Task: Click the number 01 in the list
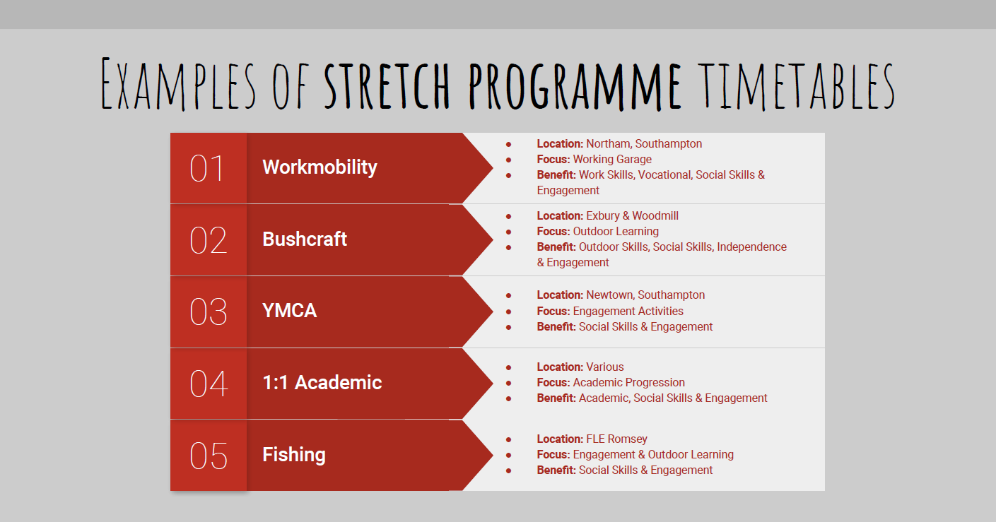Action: (x=206, y=168)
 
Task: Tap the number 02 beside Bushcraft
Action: (x=208, y=240)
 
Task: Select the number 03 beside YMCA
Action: (x=208, y=312)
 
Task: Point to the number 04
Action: (x=209, y=384)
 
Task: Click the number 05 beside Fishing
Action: (x=208, y=456)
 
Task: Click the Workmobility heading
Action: (x=320, y=167)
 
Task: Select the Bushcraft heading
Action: (x=305, y=239)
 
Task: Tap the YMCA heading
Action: (x=289, y=311)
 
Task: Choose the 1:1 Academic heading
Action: (x=322, y=383)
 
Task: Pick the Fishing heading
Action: (x=294, y=455)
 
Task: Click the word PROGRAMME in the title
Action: (x=575, y=86)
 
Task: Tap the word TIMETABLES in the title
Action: (x=796, y=85)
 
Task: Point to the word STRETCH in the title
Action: (x=387, y=86)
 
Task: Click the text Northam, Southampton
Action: (x=644, y=144)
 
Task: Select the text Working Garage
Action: (x=612, y=160)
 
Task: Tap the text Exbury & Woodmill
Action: (x=632, y=216)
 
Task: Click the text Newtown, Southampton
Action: (x=645, y=295)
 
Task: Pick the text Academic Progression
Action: (x=628, y=383)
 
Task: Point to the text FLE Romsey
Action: (x=616, y=439)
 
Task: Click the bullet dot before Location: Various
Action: (x=509, y=367)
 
